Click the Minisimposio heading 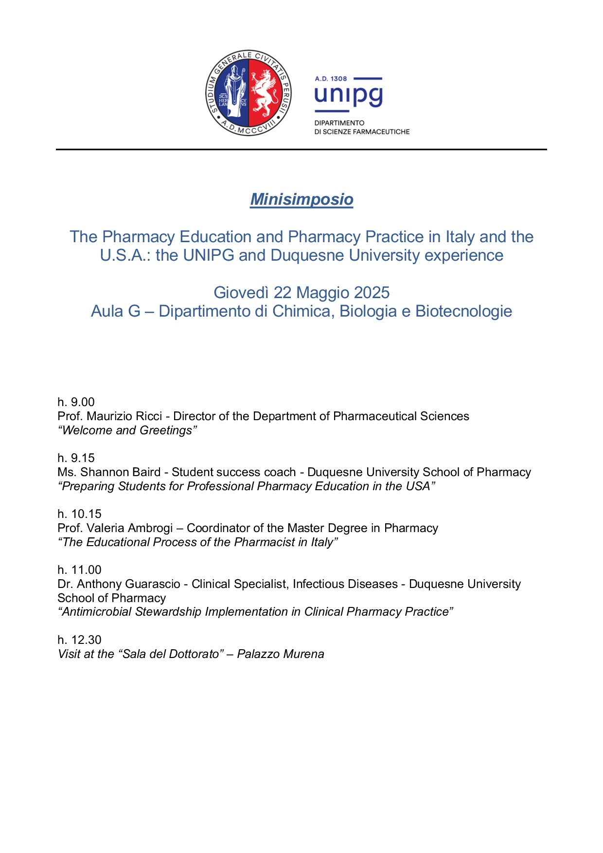(301, 199)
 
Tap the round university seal (248, 92)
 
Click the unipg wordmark (348, 95)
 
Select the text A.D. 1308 (331, 79)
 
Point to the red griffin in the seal (266, 92)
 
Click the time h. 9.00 (76, 402)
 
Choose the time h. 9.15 (76, 458)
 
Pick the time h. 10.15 (79, 514)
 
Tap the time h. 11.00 (79, 570)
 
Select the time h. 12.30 (79, 640)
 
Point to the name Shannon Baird (120, 472)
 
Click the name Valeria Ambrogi (129, 528)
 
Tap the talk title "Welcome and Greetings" (127, 430)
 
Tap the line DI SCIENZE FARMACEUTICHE (362, 132)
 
